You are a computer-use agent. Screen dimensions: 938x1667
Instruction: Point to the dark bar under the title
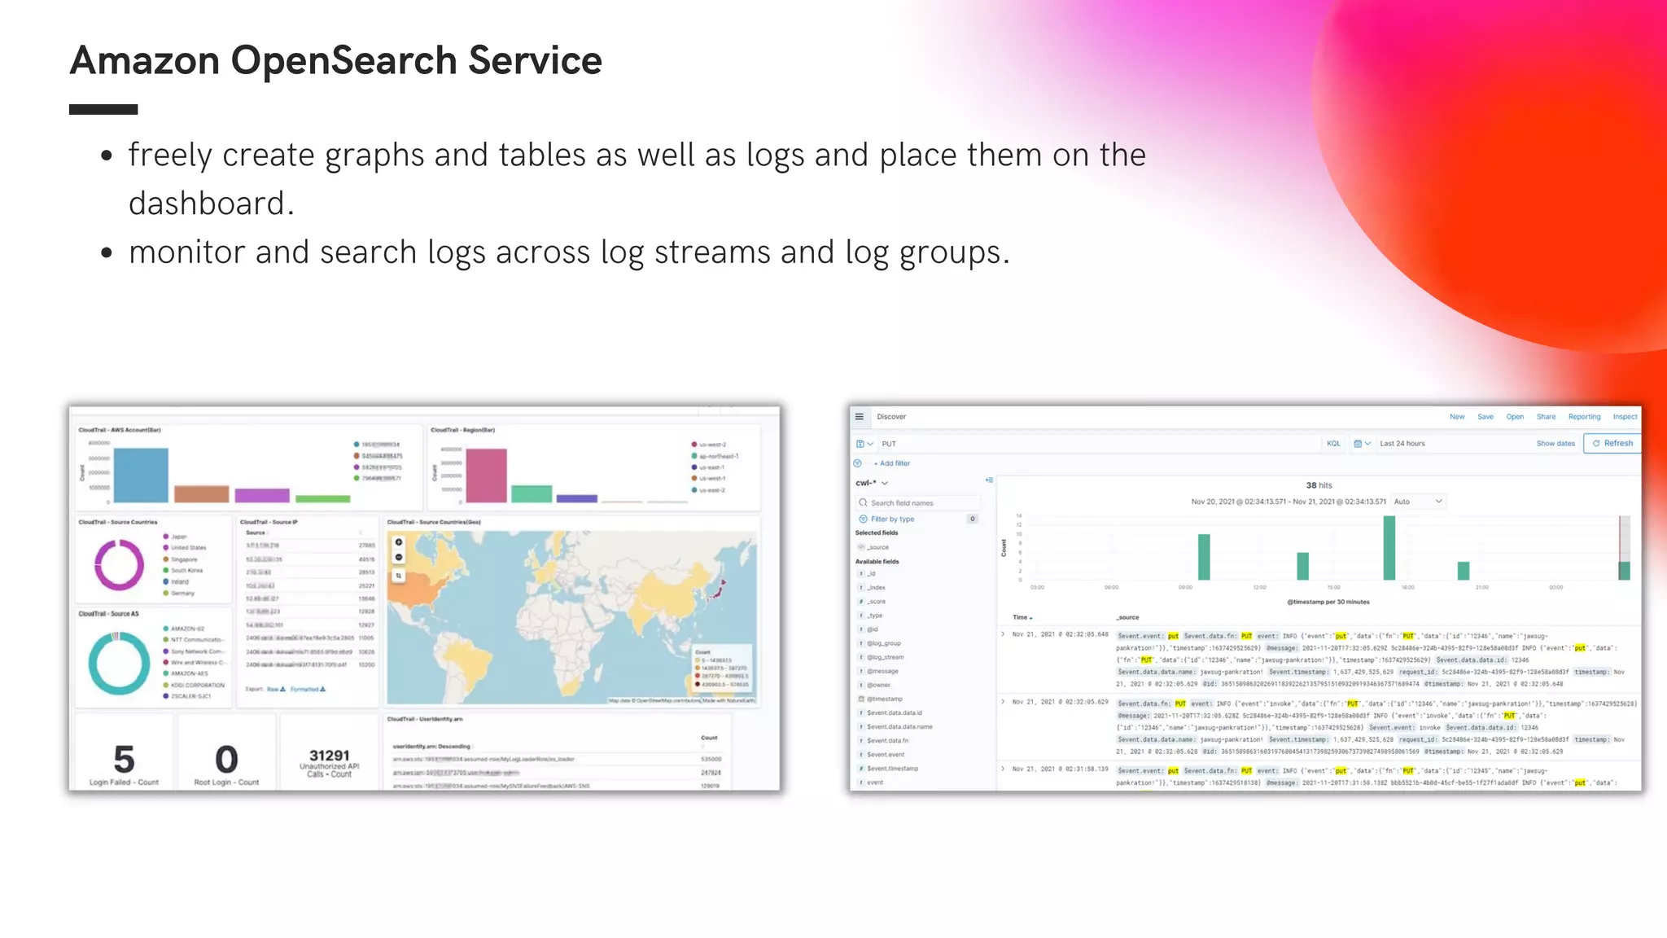tap(103, 109)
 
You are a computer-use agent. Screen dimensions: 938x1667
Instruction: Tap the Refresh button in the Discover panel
tap(1612, 444)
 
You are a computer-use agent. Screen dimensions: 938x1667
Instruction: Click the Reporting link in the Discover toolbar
tap(1584, 417)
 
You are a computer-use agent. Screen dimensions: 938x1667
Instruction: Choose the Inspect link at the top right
tap(1625, 417)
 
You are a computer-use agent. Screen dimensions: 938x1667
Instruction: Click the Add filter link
tap(894, 463)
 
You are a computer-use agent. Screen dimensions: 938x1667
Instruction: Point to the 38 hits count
tap(1319, 485)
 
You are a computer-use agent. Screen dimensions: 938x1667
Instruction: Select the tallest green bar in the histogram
tap(1389, 548)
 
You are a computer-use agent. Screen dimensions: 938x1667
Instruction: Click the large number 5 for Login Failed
tap(124, 760)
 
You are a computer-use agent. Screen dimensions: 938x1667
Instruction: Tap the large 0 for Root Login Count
tap(226, 760)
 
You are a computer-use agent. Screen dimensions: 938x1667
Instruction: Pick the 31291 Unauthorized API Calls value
tap(330, 756)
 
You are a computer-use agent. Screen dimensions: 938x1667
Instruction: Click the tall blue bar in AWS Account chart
tap(141, 475)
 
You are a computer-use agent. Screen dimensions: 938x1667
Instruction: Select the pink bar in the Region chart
tap(486, 476)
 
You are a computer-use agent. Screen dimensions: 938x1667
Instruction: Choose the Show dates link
tap(1555, 444)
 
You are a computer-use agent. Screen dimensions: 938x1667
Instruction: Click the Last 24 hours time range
tap(1402, 444)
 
